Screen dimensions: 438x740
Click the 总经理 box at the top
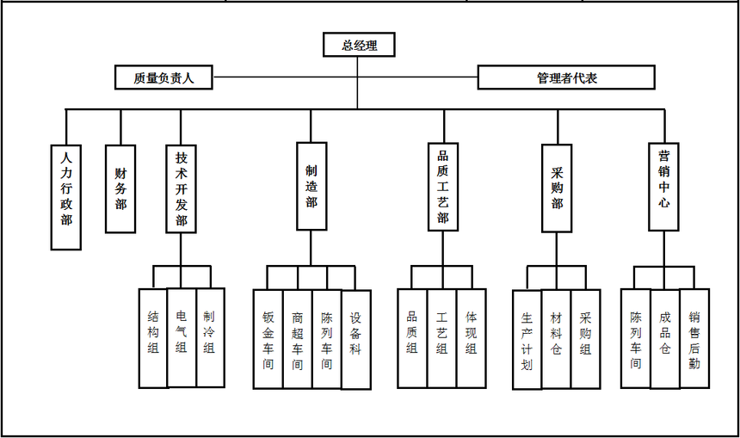click(x=359, y=46)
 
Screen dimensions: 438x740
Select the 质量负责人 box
click(x=163, y=77)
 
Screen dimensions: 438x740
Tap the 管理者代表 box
click(x=566, y=77)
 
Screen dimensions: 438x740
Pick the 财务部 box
click(x=120, y=188)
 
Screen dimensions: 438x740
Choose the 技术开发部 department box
click(x=181, y=188)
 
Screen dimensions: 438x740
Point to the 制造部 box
click(x=311, y=186)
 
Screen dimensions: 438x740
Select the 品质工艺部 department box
click(x=442, y=186)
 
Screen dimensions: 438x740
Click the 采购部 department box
click(x=557, y=188)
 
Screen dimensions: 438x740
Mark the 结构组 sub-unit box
click(x=152, y=336)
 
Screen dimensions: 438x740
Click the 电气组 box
click(x=181, y=336)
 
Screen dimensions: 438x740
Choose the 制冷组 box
click(x=210, y=336)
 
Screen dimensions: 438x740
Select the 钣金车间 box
click(x=268, y=339)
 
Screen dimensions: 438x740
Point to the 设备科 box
click(x=355, y=339)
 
